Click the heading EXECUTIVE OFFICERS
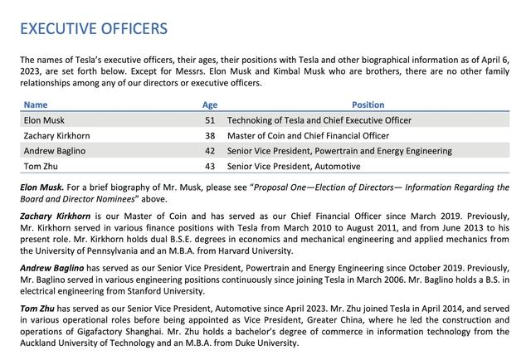pyautogui.click(x=94, y=29)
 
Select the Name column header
pyautogui.click(x=36, y=105)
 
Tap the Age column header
pyautogui.click(x=209, y=105)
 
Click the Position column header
pyautogui.click(x=368, y=105)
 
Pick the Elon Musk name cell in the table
pyautogui.click(x=44, y=120)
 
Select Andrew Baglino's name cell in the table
pyautogui.click(x=55, y=151)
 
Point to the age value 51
pyautogui.click(x=210, y=120)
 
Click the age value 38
pyautogui.click(x=210, y=136)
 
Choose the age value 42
pyautogui.click(x=210, y=151)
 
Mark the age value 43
pyautogui.click(x=210, y=167)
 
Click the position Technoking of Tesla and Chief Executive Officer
pyautogui.click(x=319, y=120)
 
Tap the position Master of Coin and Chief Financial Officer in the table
pyautogui.click(x=308, y=136)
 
